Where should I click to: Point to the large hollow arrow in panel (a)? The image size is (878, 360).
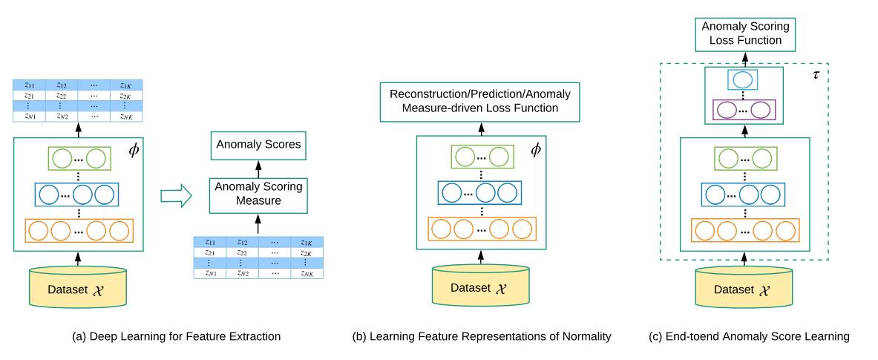pyautogui.click(x=176, y=196)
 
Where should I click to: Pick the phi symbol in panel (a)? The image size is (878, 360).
pyautogui.click(x=134, y=150)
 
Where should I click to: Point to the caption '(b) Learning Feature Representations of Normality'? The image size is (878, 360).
pyautogui.click(x=482, y=337)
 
